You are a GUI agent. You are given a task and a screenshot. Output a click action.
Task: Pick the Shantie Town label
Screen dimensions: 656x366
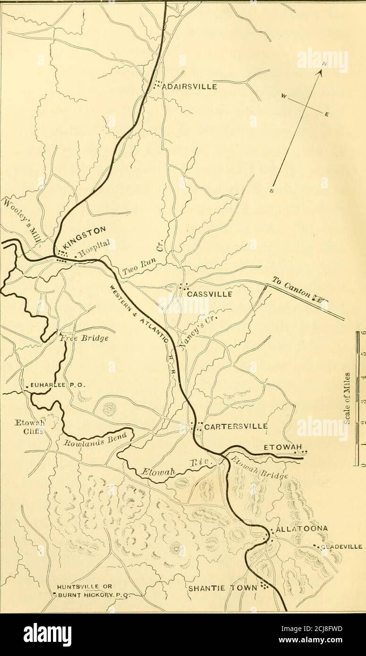click(224, 588)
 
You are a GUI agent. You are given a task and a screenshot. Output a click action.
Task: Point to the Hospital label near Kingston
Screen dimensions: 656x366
click(98, 247)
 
